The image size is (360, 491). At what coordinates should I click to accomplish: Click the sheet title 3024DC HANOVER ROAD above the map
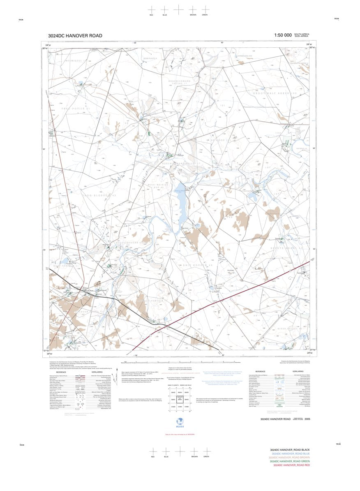[x=75, y=36]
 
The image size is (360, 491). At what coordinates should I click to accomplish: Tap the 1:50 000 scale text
[x=282, y=36]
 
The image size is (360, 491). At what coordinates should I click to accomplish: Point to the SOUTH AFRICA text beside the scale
[x=302, y=35]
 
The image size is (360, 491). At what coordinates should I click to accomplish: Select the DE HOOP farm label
[x=219, y=140]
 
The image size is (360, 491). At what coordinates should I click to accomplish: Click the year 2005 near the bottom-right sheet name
[x=307, y=419]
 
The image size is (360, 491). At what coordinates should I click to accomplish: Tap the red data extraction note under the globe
[x=179, y=434]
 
